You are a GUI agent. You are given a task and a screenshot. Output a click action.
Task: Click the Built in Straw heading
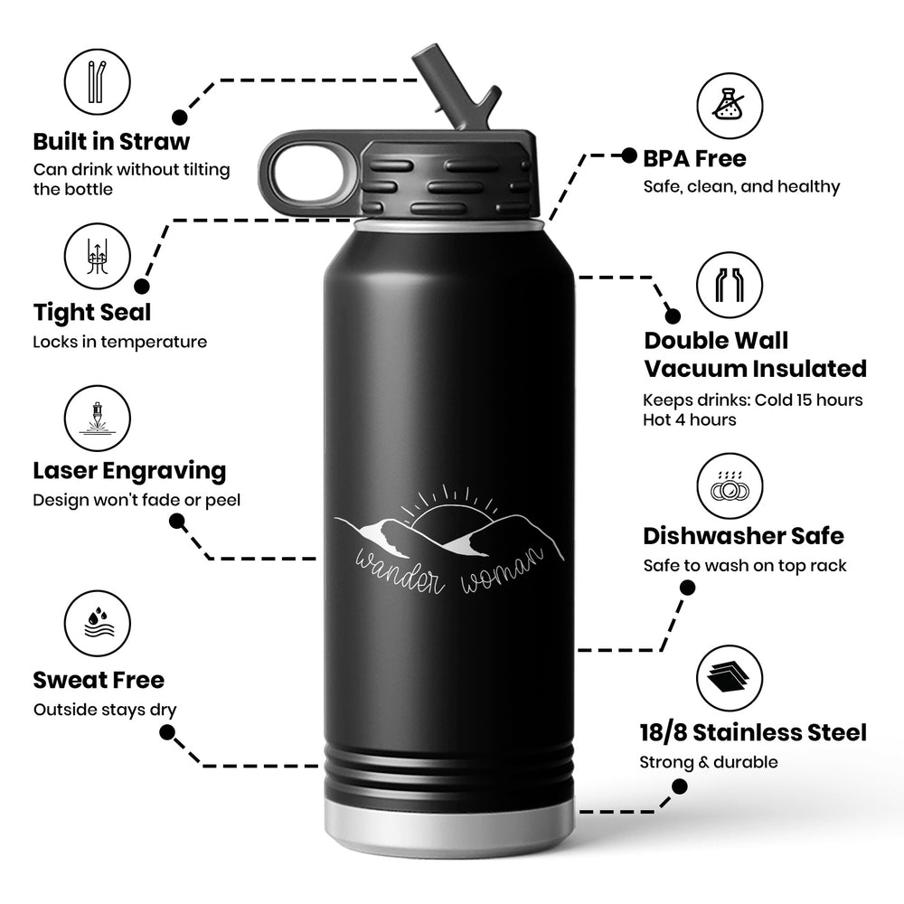coord(111,142)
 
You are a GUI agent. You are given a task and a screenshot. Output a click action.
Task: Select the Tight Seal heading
coord(92,313)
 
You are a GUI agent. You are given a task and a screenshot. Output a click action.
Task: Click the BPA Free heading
coord(694,159)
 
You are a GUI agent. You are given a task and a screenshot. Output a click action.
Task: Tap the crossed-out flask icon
coord(730,105)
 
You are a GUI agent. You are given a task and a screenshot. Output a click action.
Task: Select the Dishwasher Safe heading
coord(743,536)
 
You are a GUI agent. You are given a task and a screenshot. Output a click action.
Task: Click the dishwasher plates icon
coord(730,486)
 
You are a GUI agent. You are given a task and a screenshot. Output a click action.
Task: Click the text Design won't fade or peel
coord(137,500)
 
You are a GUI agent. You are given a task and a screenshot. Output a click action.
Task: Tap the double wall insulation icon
coord(730,286)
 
